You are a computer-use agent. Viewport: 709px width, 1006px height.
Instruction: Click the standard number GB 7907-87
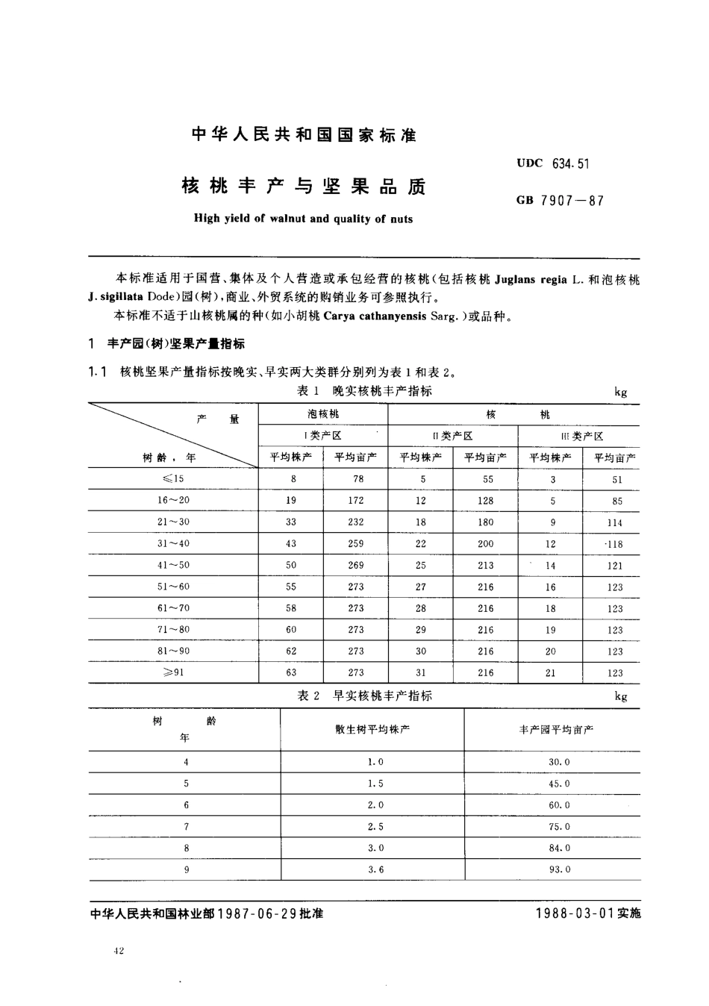click(559, 200)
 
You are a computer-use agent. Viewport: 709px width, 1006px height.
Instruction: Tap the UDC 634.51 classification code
click(552, 163)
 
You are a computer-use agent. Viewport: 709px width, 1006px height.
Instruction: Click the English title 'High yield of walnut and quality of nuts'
click(302, 219)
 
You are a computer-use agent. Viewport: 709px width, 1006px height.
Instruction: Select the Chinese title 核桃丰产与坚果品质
click(303, 187)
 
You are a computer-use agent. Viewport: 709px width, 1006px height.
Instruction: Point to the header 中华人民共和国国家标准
click(304, 135)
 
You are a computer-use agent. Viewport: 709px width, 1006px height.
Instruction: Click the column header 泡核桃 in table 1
click(323, 413)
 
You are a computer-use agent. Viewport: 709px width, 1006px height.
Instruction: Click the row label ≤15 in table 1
click(173, 479)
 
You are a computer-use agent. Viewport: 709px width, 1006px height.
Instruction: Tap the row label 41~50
click(173, 565)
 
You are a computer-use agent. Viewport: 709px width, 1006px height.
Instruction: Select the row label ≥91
click(173, 672)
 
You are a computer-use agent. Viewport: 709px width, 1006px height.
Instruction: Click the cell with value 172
click(356, 501)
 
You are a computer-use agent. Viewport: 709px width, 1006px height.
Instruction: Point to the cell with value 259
click(356, 544)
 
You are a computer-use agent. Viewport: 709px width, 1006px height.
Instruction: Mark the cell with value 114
click(614, 522)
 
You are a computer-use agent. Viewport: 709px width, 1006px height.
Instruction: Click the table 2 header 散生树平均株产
click(372, 729)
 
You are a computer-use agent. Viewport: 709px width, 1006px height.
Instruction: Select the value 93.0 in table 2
click(559, 869)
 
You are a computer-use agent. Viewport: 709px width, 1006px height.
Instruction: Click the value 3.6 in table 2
click(376, 869)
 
